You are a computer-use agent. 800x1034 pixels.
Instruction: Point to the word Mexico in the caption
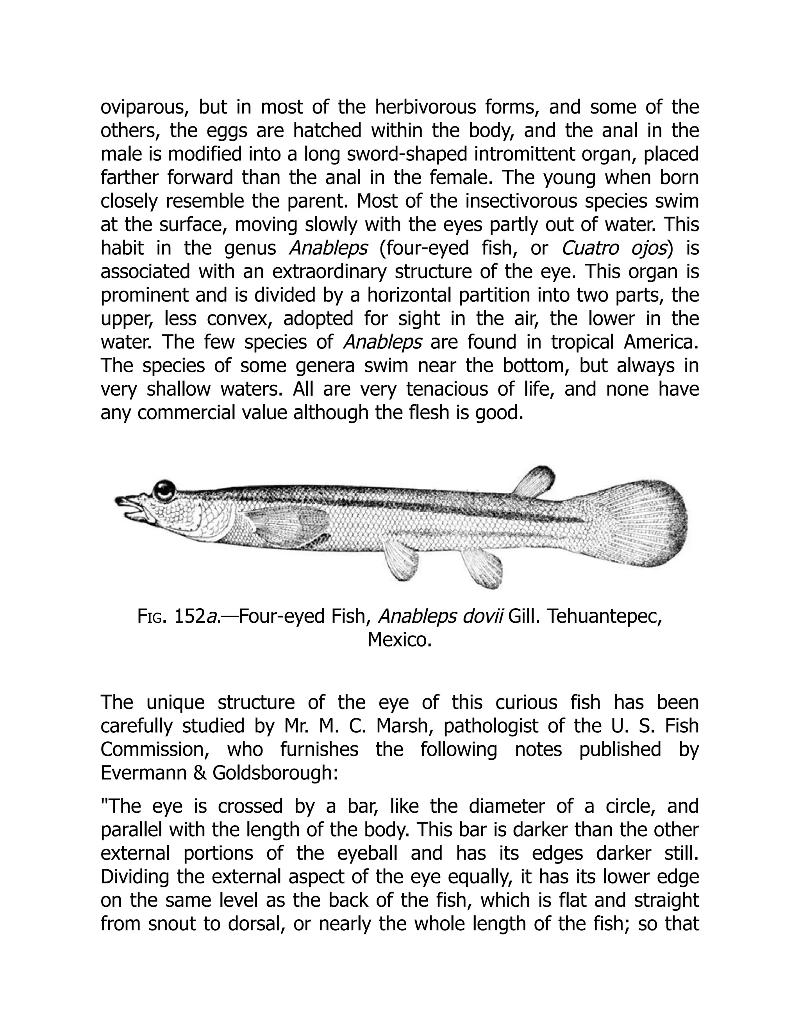399,640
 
